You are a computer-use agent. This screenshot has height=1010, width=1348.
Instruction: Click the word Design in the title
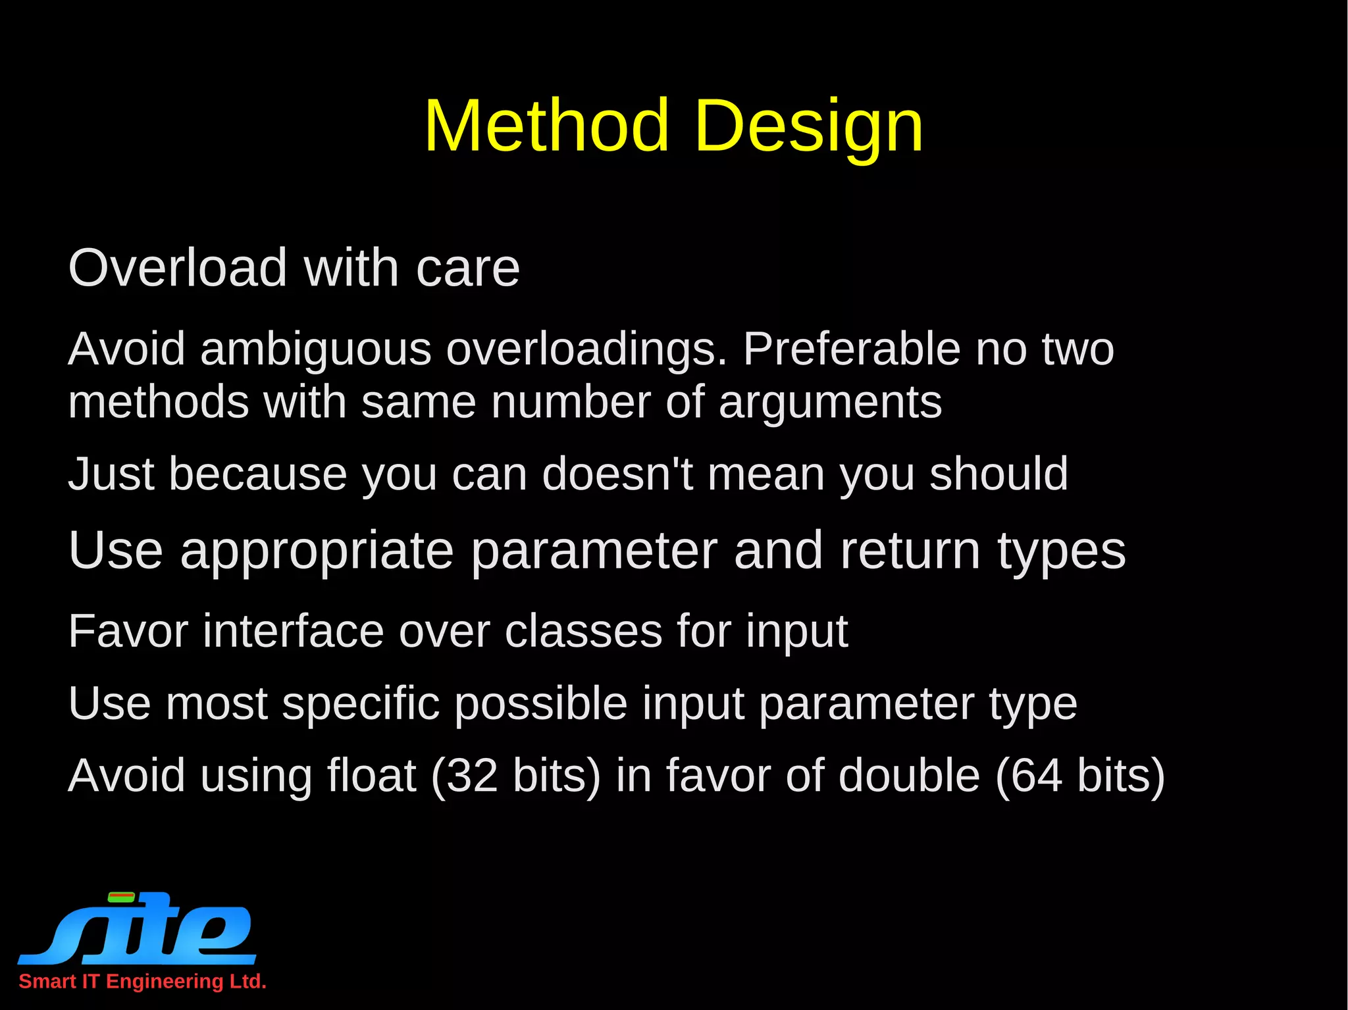(x=808, y=126)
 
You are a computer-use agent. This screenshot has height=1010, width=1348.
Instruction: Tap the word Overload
(x=178, y=268)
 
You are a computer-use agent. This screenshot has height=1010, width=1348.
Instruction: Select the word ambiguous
(x=316, y=349)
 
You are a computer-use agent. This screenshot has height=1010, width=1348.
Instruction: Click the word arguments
(x=830, y=403)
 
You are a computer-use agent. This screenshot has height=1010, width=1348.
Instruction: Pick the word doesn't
(x=617, y=474)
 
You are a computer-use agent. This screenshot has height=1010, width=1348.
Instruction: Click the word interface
(x=294, y=632)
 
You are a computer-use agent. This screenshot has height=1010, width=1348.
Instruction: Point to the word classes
(x=583, y=632)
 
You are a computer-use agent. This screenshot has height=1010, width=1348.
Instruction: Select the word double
(x=908, y=776)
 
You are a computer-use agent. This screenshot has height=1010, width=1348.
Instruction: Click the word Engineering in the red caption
(x=165, y=982)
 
